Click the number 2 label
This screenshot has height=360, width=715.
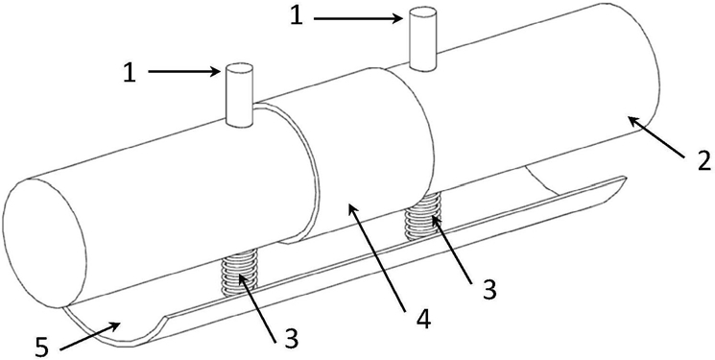point(703,161)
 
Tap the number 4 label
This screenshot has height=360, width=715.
point(422,320)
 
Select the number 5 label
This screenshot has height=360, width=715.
point(41,348)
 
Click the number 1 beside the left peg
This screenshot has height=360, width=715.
point(130,72)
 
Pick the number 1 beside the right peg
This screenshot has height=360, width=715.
point(297,16)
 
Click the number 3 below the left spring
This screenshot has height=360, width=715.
point(291,340)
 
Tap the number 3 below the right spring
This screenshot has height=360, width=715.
point(489,289)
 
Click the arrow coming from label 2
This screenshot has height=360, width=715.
point(655,137)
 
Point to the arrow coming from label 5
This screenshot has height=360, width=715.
point(90,336)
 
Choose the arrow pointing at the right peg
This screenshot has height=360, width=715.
point(358,18)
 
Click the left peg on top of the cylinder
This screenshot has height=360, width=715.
point(239,95)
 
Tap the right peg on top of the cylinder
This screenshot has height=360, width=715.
point(423,38)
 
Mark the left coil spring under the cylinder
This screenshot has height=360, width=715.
point(239,273)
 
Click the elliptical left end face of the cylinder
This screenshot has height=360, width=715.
point(45,242)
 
